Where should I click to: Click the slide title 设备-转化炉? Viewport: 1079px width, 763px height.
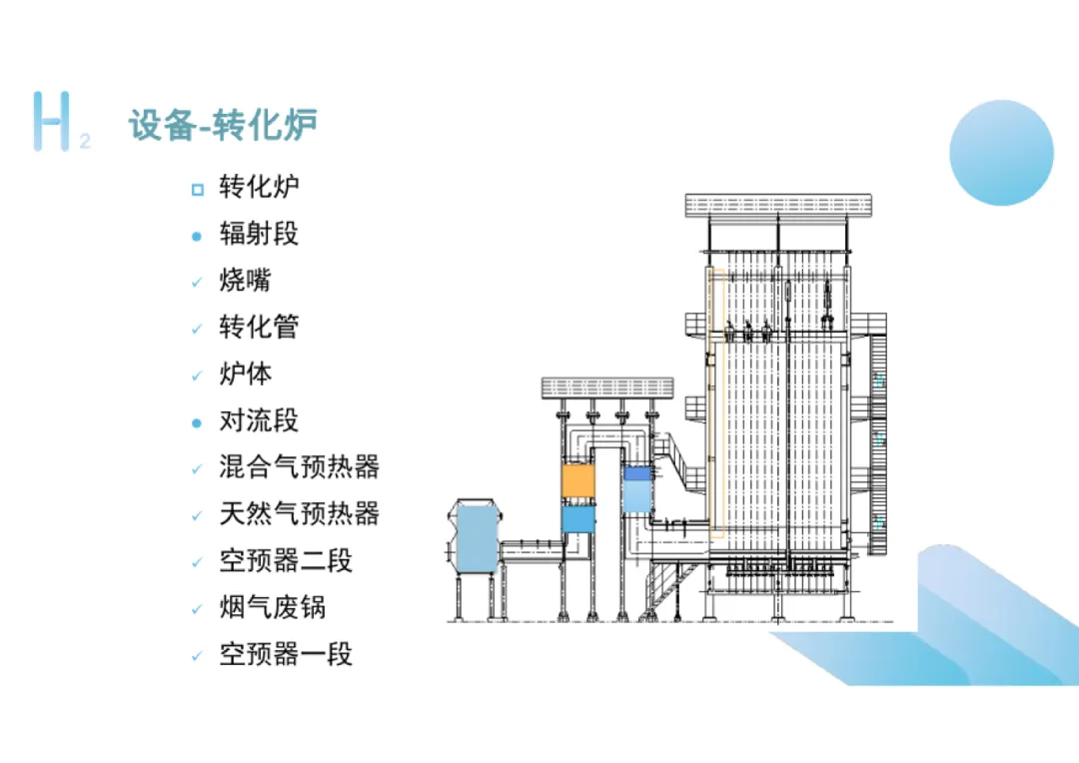(x=223, y=126)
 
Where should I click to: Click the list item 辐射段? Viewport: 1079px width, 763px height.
(x=259, y=234)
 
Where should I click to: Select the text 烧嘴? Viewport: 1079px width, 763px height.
(x=245, y=281)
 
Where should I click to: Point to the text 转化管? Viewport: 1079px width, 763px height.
(x=259, y=327)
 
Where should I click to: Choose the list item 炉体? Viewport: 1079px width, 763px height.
(x=245, y=375)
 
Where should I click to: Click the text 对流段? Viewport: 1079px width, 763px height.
(x=259, y=420)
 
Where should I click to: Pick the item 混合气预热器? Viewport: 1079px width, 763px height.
(x=300, y=466)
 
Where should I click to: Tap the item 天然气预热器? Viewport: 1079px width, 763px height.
(x=300, y=514)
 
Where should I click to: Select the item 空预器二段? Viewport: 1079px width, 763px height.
(x=286, y=560)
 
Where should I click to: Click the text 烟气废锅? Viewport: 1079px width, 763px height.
(x=272, y=607)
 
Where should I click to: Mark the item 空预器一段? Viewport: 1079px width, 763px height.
(x=286, y=654)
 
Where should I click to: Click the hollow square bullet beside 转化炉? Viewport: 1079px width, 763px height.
(x=197, y=189)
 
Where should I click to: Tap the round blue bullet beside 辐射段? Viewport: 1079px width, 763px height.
(x=197, y=236)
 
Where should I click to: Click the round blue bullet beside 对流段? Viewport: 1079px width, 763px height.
(x=197, y=422)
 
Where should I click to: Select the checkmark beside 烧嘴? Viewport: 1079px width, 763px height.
(x=197, y=283)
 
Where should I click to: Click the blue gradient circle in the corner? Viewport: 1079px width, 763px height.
(x=1001, y=153)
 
